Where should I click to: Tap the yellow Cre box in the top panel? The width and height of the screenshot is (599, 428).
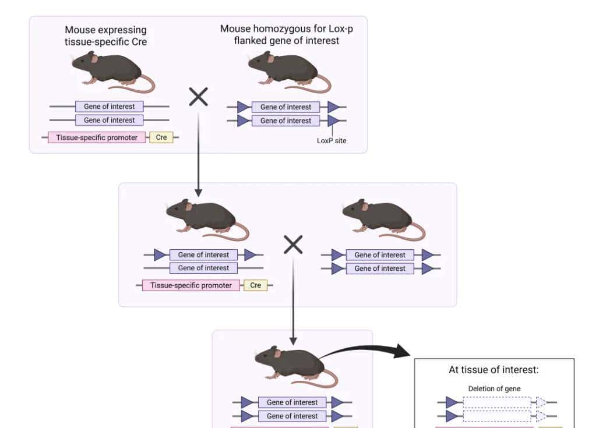(161, 137)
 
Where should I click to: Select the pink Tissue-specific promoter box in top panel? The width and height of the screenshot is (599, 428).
(97, 137)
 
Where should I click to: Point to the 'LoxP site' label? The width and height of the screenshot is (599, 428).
(332, 140)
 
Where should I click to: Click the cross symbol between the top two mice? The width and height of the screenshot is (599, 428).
(198, 97)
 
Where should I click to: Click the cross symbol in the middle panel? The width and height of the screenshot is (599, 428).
(293, 245)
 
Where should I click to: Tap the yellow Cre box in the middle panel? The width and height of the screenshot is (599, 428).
(255, 285)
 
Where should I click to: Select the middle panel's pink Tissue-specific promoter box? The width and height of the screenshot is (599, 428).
(191, 285)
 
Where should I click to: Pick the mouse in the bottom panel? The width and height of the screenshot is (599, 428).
(291, 364)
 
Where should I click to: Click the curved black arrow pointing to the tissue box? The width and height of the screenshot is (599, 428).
(367, 349)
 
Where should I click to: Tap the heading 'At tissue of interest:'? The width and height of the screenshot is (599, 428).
(494, 369)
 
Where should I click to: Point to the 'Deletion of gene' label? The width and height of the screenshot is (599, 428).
(494, 388)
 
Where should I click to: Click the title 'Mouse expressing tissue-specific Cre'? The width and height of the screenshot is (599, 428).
(105, 36)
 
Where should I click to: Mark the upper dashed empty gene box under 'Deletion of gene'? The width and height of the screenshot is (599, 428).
(497, 402)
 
